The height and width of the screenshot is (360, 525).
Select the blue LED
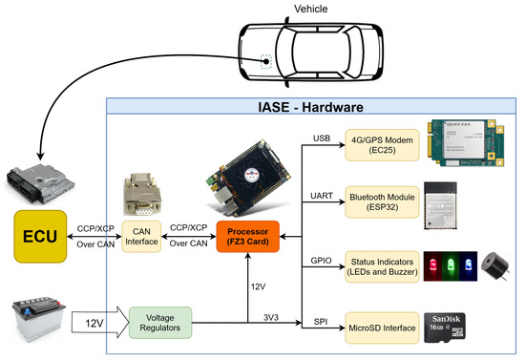tap(467, 265)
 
